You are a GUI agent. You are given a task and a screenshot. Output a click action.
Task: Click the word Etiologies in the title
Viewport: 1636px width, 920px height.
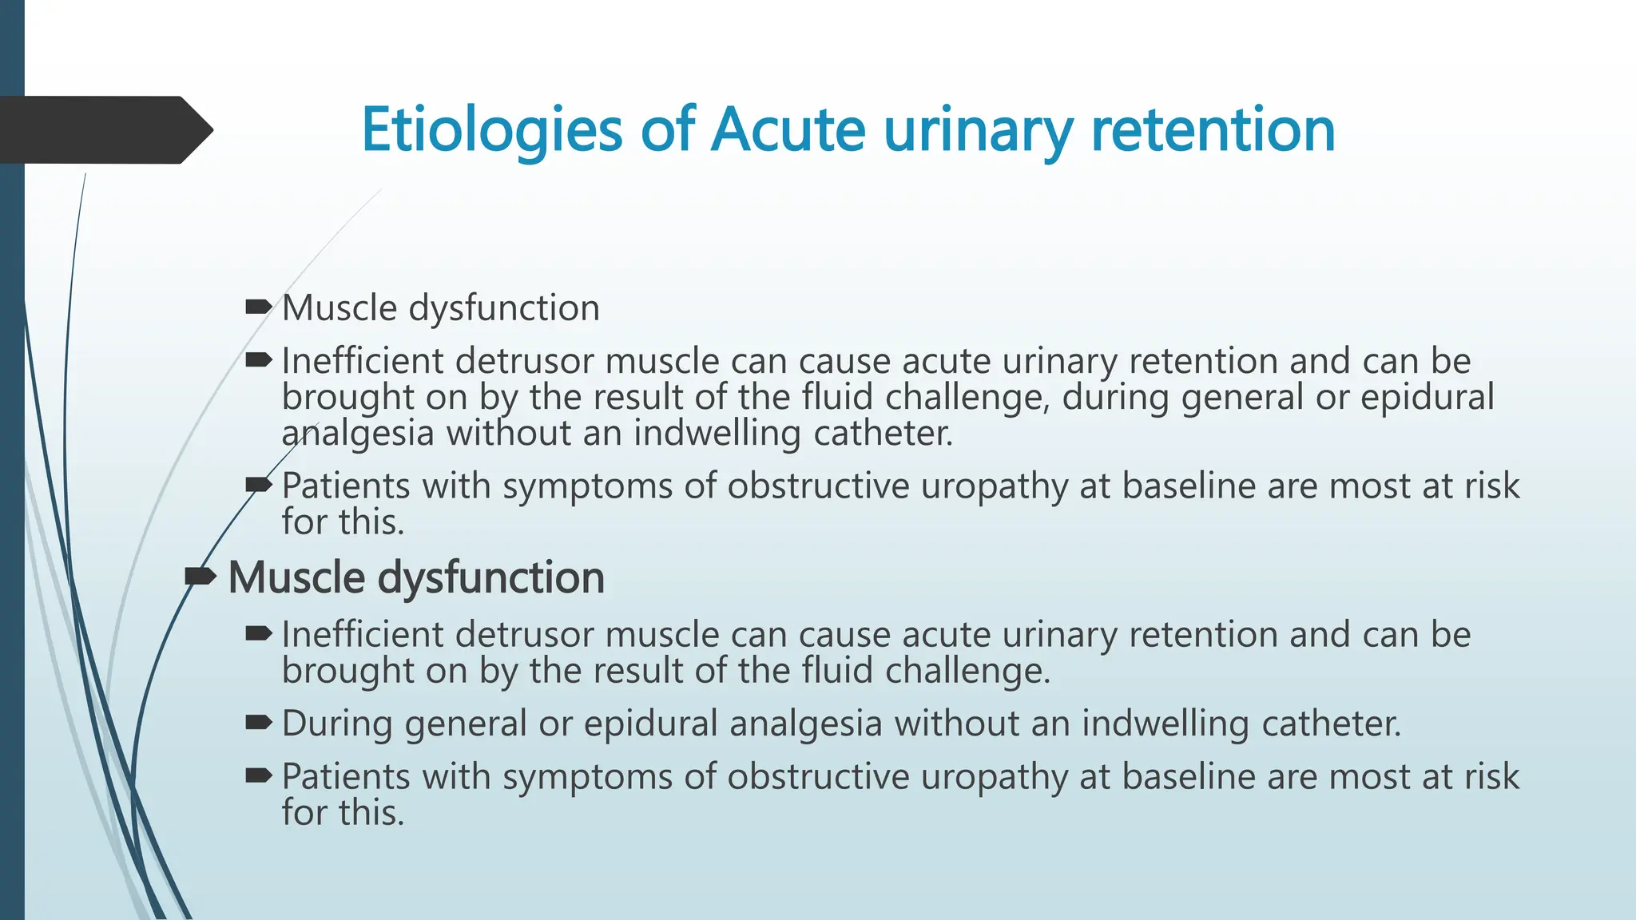point(491,129)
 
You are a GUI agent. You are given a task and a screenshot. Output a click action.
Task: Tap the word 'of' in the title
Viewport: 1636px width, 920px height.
point(667,129)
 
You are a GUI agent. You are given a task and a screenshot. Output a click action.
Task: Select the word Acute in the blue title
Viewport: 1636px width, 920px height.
point(788,129)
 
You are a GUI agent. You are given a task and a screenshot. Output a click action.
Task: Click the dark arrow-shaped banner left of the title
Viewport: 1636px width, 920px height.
point(104,129)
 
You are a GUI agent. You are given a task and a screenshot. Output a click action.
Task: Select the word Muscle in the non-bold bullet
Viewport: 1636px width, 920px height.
point(340,307)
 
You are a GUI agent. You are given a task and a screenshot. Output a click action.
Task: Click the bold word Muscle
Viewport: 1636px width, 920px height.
point(297,577)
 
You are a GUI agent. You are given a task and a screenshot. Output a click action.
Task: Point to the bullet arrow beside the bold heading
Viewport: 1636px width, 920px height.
point(200,576)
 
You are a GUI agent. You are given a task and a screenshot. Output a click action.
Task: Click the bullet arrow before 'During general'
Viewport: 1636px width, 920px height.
point(259,723)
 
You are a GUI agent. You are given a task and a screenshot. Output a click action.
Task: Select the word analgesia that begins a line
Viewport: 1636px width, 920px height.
point(358,434)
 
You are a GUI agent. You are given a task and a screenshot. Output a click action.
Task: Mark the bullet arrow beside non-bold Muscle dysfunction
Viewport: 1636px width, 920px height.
point(259,307)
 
